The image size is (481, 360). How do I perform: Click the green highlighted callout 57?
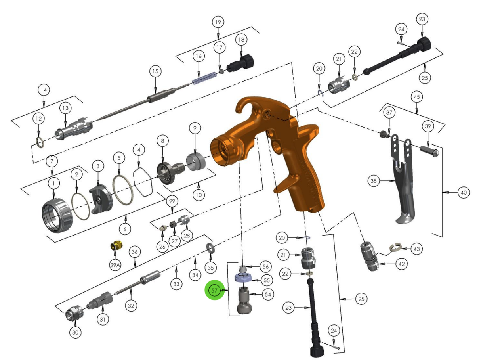tap(214, 291)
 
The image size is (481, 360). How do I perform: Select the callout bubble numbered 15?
tap(155, 71)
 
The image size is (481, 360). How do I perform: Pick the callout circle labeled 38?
tap(373, 181)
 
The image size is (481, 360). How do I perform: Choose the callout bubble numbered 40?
tap(463, 193)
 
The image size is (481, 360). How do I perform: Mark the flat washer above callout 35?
tap(210, 249)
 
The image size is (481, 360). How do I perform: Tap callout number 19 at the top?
tap(218, 22)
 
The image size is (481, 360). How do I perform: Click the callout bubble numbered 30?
tap(75, 332)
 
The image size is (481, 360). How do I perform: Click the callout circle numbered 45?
tap(416, 96)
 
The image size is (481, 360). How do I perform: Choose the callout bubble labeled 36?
tap(135, 252)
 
